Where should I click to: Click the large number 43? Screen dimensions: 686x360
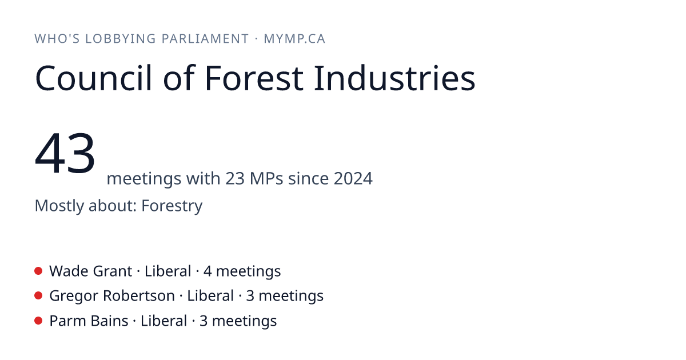pos(65,153)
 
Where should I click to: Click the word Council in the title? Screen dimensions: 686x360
pos(93,78)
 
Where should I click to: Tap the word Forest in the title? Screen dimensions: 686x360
pos(254,78)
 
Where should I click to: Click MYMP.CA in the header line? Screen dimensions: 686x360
pos(294,39)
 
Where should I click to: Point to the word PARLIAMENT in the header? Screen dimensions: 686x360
pos(205,39)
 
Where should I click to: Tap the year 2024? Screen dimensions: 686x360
pos(353,178)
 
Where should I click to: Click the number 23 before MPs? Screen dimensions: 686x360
pos(235,178)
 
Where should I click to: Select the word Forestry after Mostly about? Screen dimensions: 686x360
pos(172,206)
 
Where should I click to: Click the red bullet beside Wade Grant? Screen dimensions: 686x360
pos(38,271)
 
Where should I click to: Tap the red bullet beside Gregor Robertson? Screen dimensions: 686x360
pos(38,296)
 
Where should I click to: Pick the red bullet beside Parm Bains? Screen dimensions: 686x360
pos(38,321)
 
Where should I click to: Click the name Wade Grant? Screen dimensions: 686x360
pos(91,271)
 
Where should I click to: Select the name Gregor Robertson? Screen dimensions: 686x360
pos(112,296)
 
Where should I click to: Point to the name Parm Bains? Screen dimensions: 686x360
pos(89,321)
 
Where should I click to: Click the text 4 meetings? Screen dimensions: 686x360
pos(242,271)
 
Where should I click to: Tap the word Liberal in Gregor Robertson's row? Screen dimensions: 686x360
pos(210,296)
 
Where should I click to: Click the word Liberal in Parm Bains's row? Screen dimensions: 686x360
pos(164,321)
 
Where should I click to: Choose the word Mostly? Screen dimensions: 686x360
pos(59,206)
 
